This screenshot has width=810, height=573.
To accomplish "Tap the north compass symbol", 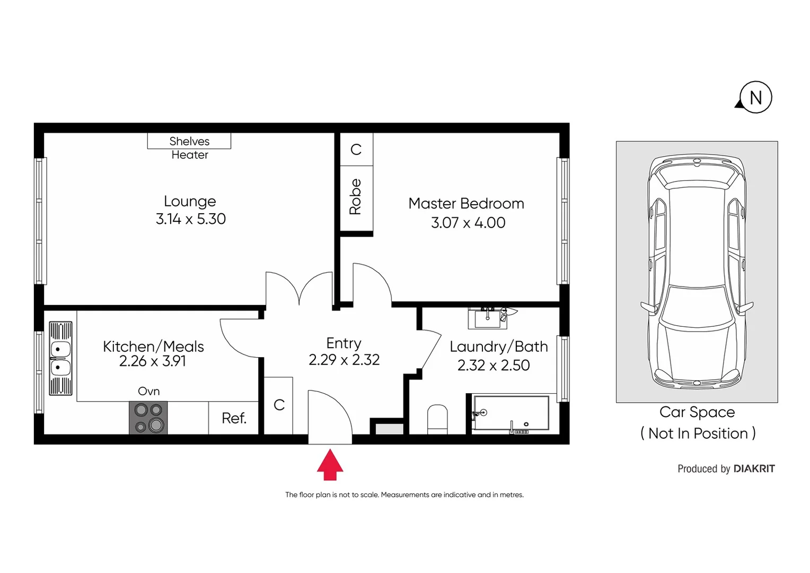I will (755, 98).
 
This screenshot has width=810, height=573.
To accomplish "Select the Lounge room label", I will (190, 201).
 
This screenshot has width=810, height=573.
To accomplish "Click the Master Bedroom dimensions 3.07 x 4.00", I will (468, 223).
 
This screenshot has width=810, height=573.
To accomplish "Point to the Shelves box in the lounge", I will (189, 141).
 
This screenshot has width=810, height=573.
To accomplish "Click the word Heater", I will (190, 155).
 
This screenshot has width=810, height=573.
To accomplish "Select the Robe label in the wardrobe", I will (356, 197).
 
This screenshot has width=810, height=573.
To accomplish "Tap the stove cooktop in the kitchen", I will (148, 418).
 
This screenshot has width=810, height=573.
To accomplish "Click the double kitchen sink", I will (60, 359).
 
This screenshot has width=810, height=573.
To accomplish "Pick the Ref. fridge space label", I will (234, 418).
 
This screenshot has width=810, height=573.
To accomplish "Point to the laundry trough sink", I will (488, 318).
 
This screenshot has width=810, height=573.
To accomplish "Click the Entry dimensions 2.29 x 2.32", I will (344, 360).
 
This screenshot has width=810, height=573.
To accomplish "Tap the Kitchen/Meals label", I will (153, 346).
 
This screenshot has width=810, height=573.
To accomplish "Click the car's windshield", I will (697, 308).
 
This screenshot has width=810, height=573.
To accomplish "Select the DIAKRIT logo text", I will (754, 469).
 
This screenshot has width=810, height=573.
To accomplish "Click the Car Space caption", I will (697, 412).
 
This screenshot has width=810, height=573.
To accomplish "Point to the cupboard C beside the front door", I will (279, 405).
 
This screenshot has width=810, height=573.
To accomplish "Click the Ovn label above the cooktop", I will (148, 392).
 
